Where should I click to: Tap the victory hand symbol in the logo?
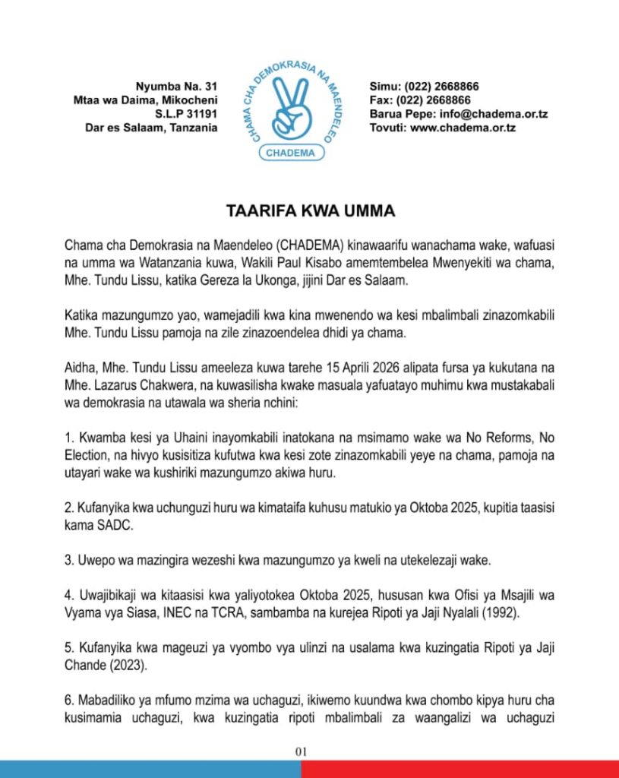pos(292,107)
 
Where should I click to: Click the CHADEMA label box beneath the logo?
pos(292,153)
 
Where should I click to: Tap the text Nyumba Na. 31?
pos(176,87)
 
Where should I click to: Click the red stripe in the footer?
pos(460,770)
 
